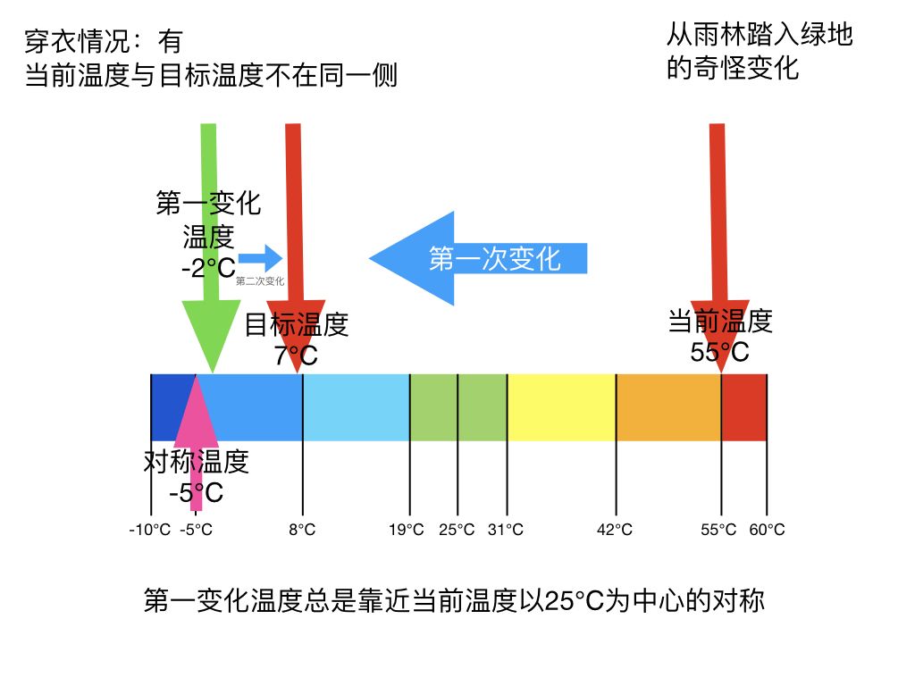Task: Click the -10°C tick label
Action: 149,530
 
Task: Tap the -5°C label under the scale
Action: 196,530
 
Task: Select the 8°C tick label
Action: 302,530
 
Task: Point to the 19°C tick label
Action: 407,530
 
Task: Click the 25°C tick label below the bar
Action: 457,530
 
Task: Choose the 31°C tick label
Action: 506,530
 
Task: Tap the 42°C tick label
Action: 615,530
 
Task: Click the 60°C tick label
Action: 767,530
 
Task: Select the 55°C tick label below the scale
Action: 718,530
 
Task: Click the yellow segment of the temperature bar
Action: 561,407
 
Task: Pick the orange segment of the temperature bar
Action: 668,407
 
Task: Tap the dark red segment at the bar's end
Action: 744,407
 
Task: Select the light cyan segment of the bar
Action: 356,407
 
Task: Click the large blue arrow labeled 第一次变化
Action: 478,258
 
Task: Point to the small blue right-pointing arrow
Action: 260,259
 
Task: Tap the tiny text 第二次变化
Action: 260,281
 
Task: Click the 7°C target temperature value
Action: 296,356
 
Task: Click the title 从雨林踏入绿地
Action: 760,36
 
